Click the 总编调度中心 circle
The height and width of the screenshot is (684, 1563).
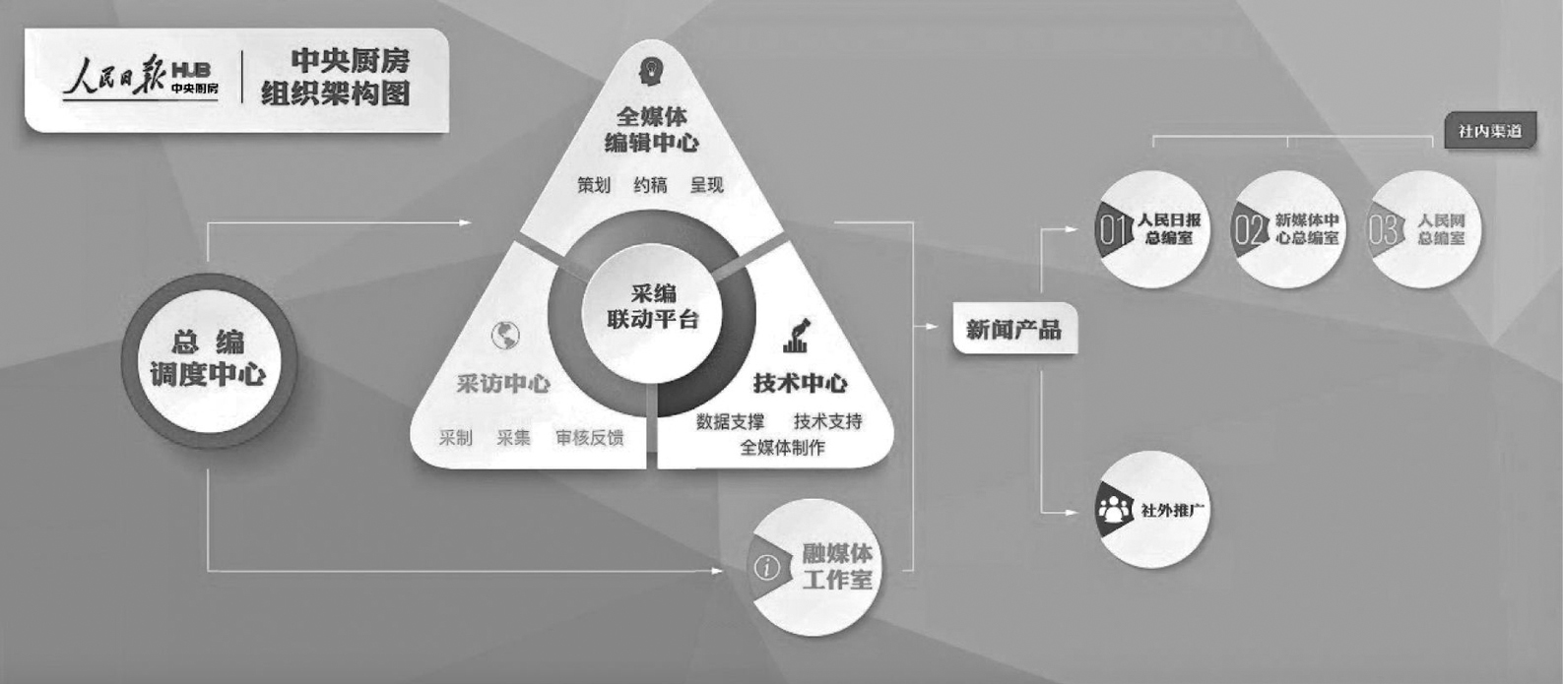point(208,359)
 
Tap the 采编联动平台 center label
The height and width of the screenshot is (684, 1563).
point(652,306)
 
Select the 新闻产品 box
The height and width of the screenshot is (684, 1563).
point(1013,330)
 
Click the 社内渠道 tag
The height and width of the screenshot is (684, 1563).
point(1490,131)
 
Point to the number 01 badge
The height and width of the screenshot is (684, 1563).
point(1114,230)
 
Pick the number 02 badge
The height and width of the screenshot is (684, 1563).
point(1250,230)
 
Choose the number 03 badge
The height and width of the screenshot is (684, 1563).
point(1384,230)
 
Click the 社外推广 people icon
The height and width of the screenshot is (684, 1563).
point(1114,509)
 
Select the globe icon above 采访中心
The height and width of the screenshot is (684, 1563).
point(505,336)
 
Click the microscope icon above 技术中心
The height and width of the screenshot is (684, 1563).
point(797,335)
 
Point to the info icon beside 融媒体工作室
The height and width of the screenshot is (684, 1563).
point(766,567)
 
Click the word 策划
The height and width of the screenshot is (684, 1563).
point(594,184)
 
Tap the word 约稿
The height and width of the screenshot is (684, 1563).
point(650,184)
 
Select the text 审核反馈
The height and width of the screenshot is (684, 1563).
point(589,437)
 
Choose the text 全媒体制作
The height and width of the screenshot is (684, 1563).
point(782,447)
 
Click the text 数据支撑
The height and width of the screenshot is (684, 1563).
point(730,421)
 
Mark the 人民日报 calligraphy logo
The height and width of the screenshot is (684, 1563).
point(115,78)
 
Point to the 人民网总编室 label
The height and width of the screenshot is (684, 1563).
point(1441,229)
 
